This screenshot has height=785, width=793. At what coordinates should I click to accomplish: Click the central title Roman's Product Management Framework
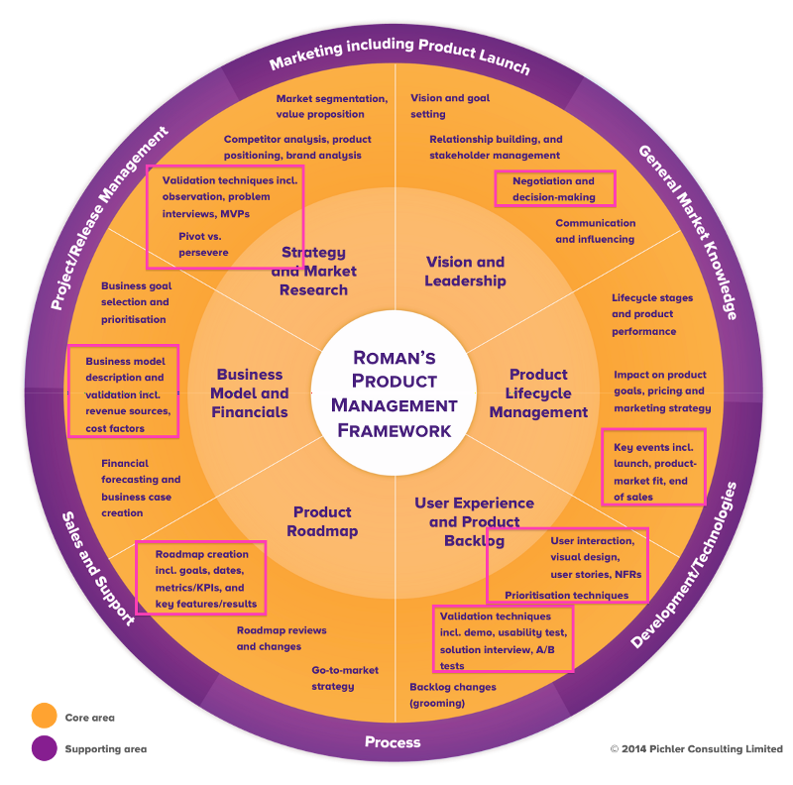395,393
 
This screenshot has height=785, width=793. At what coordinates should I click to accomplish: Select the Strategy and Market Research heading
314,272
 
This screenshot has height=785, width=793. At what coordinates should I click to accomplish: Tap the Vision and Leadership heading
465,272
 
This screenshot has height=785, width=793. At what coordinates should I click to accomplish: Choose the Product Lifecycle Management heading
538,393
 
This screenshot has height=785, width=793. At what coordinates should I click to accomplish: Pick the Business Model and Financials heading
250,393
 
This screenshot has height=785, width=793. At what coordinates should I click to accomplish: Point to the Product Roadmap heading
322,521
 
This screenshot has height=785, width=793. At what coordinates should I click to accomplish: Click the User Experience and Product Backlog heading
474,521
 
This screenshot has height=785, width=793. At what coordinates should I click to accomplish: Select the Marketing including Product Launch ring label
399,57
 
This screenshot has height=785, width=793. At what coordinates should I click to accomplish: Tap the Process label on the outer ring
393,742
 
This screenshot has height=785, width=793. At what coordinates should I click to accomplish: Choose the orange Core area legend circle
44,717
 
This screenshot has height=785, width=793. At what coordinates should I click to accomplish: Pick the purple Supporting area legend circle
44,749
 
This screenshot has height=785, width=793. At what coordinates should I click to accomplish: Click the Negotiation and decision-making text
554,188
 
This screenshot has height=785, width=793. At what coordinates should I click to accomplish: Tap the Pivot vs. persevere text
203,244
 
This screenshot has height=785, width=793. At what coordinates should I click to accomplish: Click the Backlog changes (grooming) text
453,695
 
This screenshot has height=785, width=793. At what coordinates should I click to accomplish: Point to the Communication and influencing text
595,231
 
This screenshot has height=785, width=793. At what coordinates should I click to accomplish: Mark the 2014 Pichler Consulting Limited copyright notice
696,749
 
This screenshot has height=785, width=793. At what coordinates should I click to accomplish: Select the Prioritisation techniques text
566,596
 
